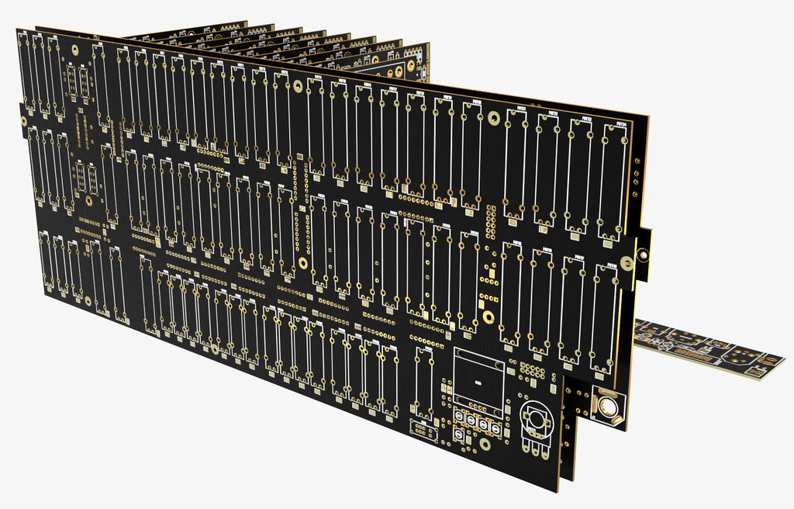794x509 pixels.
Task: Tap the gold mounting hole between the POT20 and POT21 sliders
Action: [493, 118]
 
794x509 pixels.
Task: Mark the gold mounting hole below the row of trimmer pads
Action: [485, 445]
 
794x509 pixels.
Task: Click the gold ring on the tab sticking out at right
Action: [642, 253]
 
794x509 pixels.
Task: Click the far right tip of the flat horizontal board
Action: [783, 362]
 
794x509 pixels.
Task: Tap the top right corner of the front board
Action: [648, 117]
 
